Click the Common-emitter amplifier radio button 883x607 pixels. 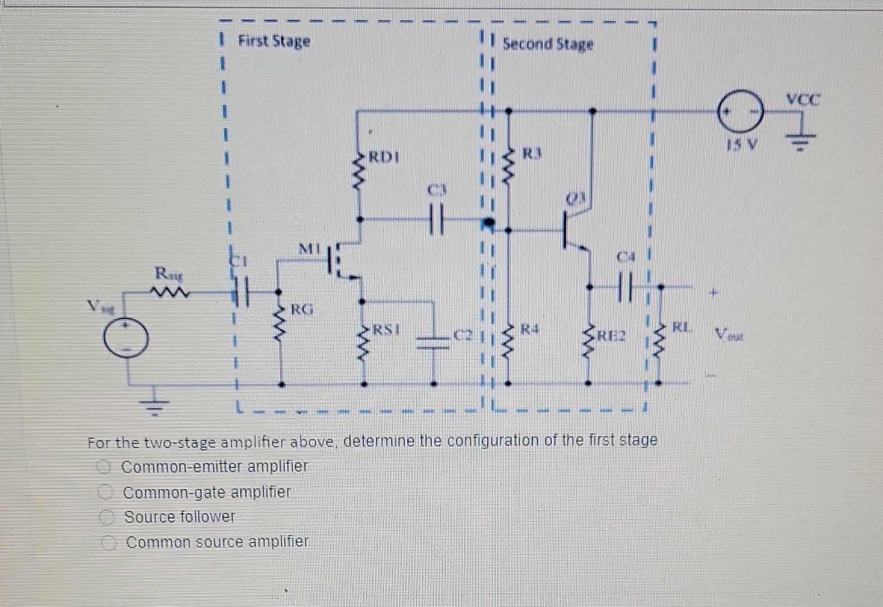(103, 466)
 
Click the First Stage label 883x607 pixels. (274, 42)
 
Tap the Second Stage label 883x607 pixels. (547, 44)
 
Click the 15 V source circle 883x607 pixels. (740, 111)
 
